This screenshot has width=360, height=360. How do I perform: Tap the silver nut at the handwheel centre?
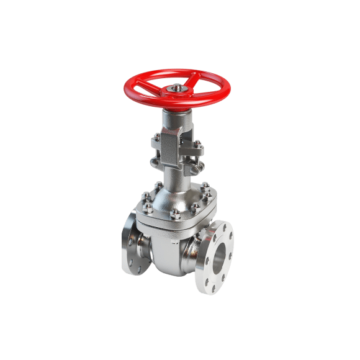pyautogui.click(x=178, y=88)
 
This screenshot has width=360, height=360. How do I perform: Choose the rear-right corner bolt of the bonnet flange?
pyautogui.click(x=205, y=184)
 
